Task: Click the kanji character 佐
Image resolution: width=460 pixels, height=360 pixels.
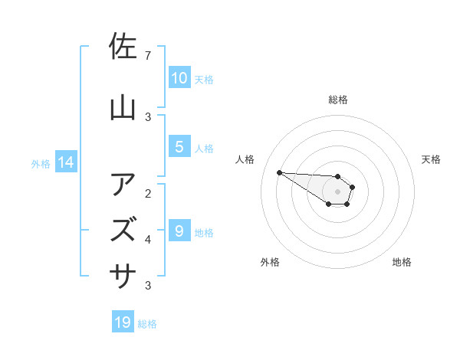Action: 123,48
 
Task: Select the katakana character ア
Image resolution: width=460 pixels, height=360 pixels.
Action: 123,185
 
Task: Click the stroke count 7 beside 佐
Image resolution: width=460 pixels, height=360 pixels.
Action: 148,56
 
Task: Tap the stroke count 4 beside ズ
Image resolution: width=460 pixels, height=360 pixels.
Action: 148,239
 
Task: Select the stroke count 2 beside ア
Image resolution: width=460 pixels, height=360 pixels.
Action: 148,193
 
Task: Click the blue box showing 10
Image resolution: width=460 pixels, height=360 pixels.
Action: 179,78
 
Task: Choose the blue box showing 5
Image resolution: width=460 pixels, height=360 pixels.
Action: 179,147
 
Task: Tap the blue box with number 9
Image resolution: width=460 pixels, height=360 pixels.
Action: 179,231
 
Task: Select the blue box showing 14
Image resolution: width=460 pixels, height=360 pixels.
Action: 65,162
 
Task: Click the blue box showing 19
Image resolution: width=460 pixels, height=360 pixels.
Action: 123,322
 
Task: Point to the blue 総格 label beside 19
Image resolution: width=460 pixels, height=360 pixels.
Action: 147,324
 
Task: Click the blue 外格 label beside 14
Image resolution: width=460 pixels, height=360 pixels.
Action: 40,163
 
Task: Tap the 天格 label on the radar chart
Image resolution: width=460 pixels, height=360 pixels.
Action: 431,159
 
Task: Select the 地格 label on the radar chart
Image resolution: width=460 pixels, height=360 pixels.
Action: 402,262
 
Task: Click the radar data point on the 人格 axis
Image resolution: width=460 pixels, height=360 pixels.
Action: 279,172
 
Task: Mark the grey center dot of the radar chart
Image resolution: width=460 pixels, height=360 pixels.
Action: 337,191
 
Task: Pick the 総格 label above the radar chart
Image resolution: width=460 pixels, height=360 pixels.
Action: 337,100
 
